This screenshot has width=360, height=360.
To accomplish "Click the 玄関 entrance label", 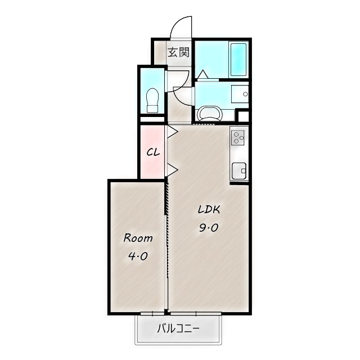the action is click(x=179, y=52).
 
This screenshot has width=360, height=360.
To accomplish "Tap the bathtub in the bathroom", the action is click(x=238, y=60).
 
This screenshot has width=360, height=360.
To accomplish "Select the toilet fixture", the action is click(x=152, y=100).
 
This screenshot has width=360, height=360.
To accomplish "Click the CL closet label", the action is click(x=153, y=152).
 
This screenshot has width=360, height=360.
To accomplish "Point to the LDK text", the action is click(x=209, y=209).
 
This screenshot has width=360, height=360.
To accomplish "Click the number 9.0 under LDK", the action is click(x=209, y=228).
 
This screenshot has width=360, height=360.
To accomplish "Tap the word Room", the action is click(x=138, y=238).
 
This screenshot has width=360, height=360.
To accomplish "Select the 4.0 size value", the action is click(x=138, y=256).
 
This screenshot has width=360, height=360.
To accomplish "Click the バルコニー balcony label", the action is click(x=178, y=328).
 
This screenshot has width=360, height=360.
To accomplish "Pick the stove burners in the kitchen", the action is click(x=237, y=138).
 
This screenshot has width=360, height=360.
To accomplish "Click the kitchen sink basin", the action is click(x=238, y=171).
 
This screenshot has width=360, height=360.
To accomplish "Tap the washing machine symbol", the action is click(x=210, y=114).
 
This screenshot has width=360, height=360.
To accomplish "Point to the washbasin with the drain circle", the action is click(x=240, y=94).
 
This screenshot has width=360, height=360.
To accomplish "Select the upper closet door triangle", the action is click(x=173, y=132).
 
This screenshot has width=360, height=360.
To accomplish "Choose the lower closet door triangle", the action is click(x=173, y=170).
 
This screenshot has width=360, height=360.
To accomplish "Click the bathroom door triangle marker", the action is click(x=203, y=74).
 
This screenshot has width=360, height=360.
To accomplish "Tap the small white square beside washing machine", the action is click(x=243, y=116).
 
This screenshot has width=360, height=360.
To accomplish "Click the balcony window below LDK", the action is click(x=196, y=313).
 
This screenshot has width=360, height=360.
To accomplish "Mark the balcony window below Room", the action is click(x=152, y=313).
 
